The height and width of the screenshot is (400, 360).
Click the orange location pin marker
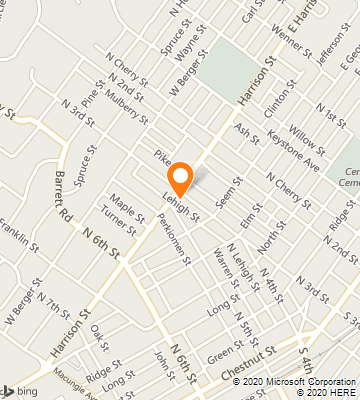[180, 178]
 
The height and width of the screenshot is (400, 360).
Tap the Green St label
[225, 352]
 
